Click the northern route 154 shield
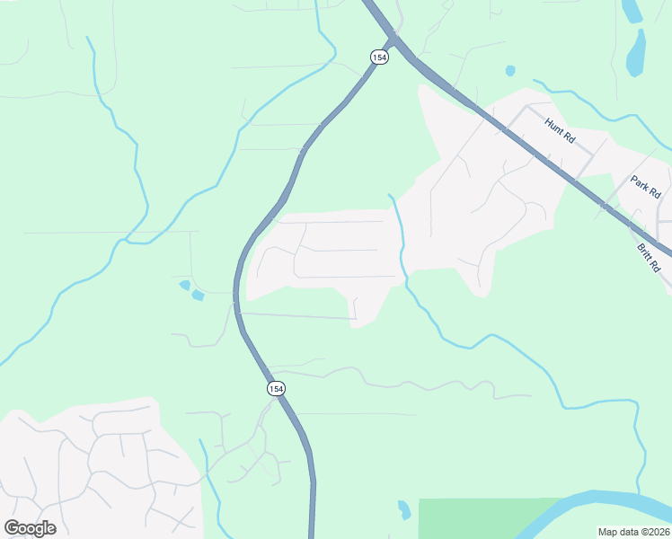378,57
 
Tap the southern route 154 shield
276,388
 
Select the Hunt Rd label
560,130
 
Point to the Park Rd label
645,187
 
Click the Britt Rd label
649,258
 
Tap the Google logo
30,528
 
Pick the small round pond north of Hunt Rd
510,70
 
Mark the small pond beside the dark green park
404,509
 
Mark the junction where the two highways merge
393,40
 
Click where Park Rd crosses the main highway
605,205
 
